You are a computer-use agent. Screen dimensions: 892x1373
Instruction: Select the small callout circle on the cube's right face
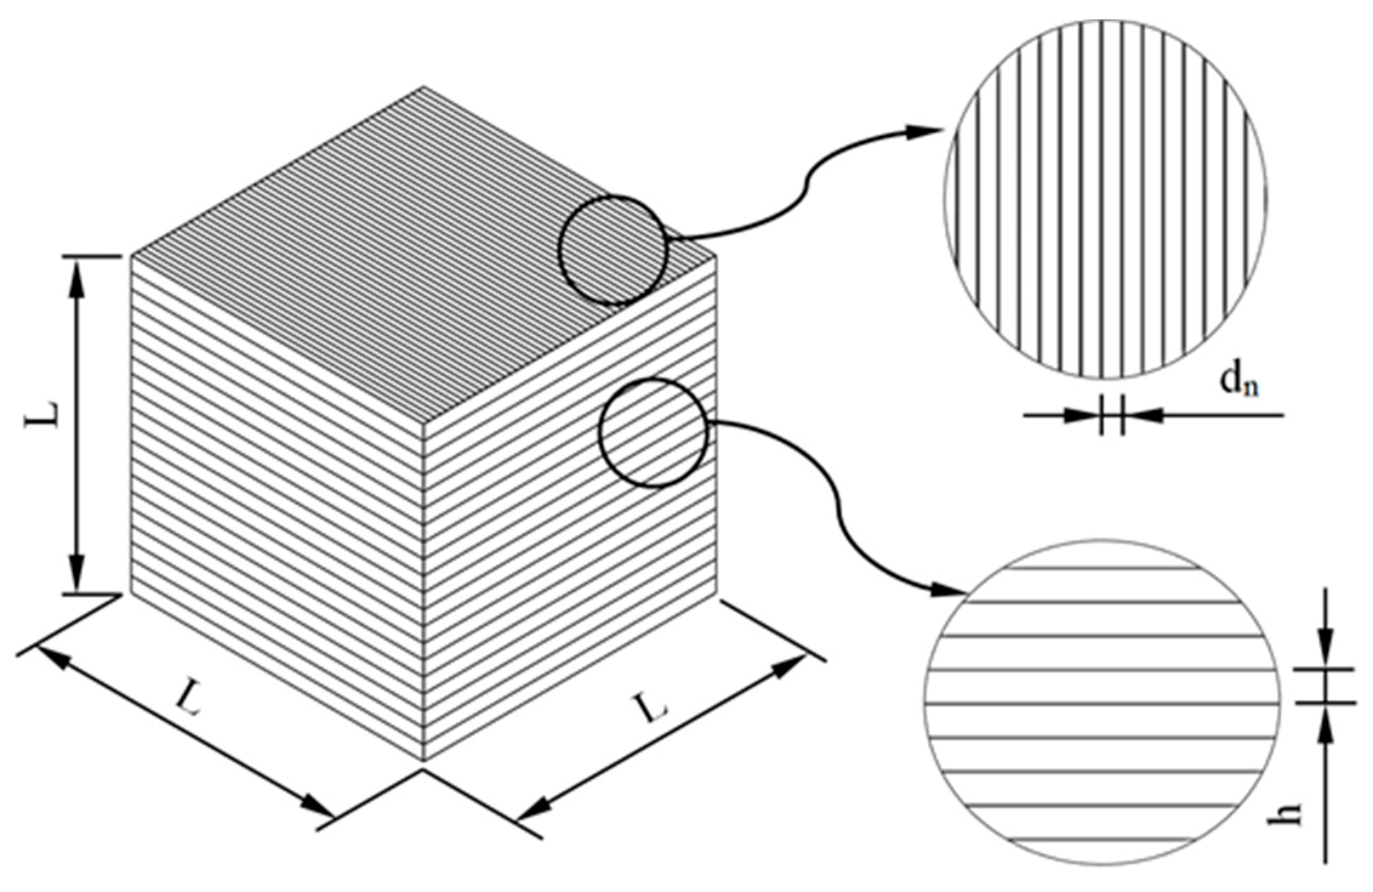(x=653, y=433)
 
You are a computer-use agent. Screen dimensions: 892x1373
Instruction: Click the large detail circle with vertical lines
(x=1105, y=200)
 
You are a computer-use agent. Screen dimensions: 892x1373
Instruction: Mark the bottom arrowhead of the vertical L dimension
(x=76, y=573)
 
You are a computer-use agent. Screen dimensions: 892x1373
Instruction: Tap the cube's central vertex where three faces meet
(x=423, y=421)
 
